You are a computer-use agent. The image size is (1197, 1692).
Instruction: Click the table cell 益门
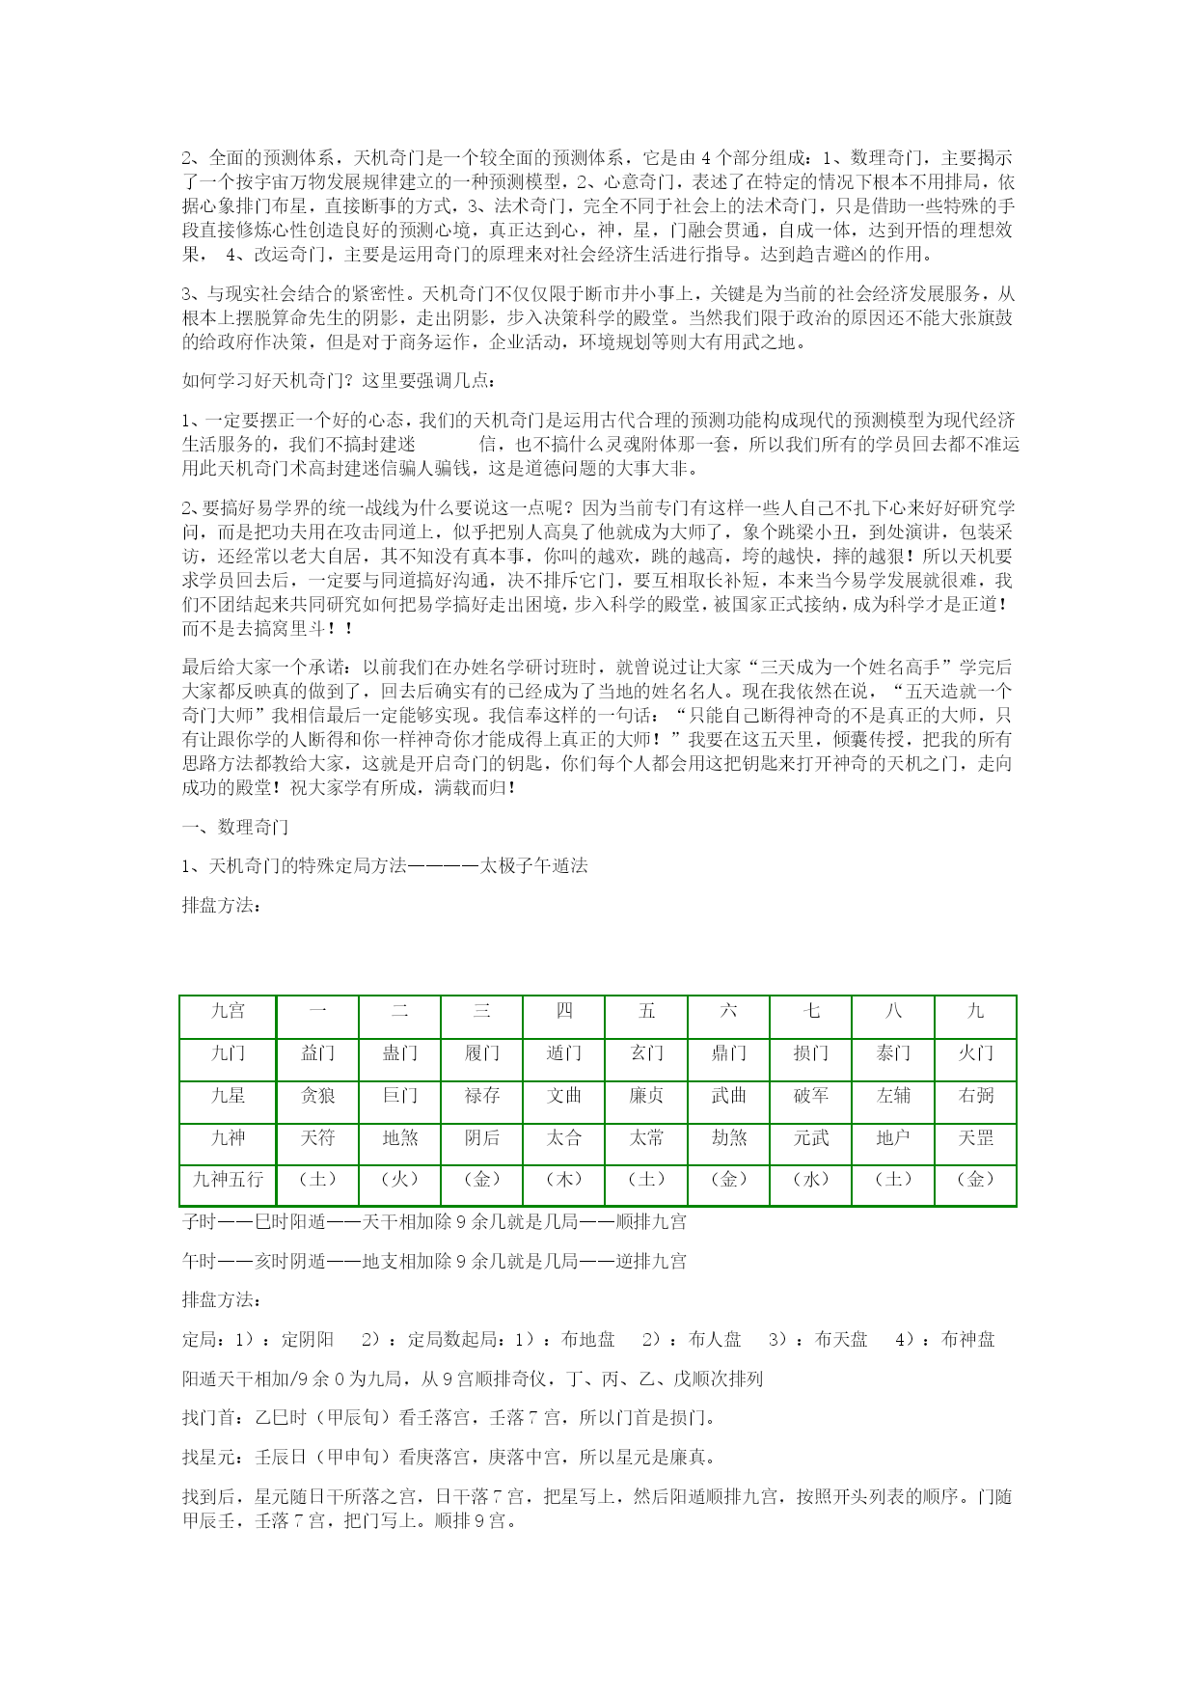317,1053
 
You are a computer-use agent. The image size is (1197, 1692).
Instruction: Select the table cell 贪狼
317,1096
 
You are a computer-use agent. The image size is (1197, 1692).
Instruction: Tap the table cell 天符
317,1138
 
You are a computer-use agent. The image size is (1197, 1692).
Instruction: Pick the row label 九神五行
229,1180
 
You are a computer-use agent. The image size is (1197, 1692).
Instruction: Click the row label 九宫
229,1011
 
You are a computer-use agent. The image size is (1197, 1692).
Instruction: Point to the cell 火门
975,1053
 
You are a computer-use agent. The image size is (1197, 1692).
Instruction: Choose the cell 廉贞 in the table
646,1096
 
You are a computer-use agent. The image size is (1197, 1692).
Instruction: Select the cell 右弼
975,1096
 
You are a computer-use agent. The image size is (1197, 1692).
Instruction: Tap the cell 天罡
975,1138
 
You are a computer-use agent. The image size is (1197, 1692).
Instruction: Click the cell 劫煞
729,1138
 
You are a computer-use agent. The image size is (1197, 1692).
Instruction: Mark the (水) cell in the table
811,1180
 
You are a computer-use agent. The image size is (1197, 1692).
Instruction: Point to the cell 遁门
564,1053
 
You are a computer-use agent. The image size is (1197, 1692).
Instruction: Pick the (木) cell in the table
564,1180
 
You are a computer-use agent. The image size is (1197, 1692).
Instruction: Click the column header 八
893,1011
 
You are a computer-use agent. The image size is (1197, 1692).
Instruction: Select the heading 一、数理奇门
235,827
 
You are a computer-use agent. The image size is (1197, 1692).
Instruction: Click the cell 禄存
482,1096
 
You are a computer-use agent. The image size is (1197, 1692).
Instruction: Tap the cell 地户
893,1138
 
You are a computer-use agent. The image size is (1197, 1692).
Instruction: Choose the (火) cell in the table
399,1180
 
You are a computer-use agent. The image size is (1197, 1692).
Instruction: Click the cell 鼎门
729,1053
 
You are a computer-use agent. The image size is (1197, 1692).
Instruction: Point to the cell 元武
811,1138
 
